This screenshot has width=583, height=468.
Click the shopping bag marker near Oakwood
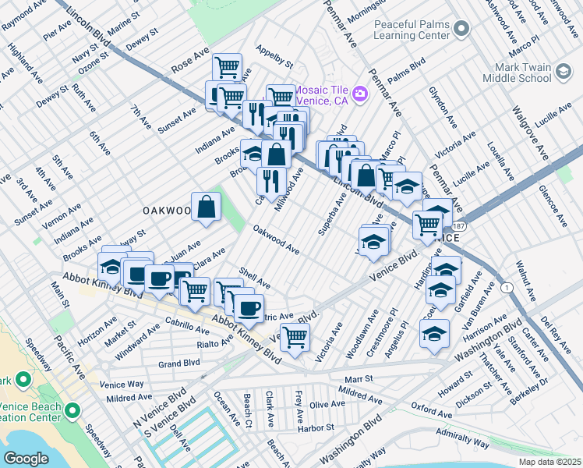(x=206, y=207)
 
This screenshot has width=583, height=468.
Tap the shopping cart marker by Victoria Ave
(x=295, y=337)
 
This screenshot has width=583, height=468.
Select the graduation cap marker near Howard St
(x=434, y=334)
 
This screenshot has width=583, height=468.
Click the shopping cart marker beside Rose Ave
(x=226, y=67)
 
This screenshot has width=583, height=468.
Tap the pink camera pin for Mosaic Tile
(x=359, y=94)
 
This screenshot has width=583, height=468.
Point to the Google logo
(x=26, y=459)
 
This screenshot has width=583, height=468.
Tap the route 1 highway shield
(x=509, y=288)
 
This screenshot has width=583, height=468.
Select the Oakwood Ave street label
(x=277, y=239)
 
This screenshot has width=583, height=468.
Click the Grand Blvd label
(x=179, y=363)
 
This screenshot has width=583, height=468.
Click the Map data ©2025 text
(x=549, y=462)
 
